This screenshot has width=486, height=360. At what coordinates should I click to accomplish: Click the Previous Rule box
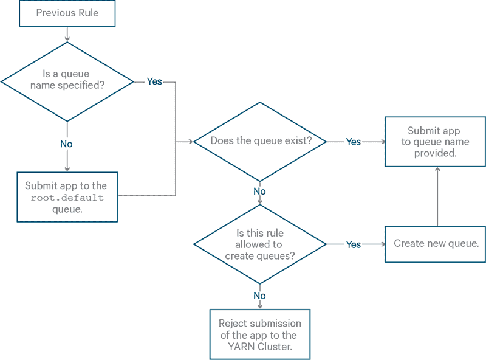tap(67, 13)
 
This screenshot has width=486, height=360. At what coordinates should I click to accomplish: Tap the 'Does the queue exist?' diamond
tap(260, 141)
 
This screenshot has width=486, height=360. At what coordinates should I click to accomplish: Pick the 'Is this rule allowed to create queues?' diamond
tap(260, 244)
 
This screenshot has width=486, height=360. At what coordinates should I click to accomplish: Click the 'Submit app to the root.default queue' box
tap(67, 196)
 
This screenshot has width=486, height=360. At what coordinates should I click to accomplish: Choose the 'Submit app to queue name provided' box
tap(435, 142)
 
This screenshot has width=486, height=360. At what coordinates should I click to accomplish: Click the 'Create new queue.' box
tap(435, 244)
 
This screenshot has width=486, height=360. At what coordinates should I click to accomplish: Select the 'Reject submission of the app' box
tap(260, 334)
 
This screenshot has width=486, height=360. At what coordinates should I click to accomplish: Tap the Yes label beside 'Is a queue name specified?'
tap(154, 81)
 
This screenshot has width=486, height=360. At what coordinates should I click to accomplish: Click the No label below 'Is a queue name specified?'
tap(66, 144)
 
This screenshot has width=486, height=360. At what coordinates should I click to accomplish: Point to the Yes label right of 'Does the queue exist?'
tap(353, 142)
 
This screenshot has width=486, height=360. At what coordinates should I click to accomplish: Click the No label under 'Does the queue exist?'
tap(260, 192)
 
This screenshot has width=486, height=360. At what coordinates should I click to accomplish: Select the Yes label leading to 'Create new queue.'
tap(353, 244)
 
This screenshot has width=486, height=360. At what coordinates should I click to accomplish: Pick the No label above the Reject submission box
tap(260, 296)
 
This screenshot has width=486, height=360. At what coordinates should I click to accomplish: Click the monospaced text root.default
tap(67, 198)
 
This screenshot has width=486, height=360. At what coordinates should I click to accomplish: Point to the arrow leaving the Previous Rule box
tap(67, 34)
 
